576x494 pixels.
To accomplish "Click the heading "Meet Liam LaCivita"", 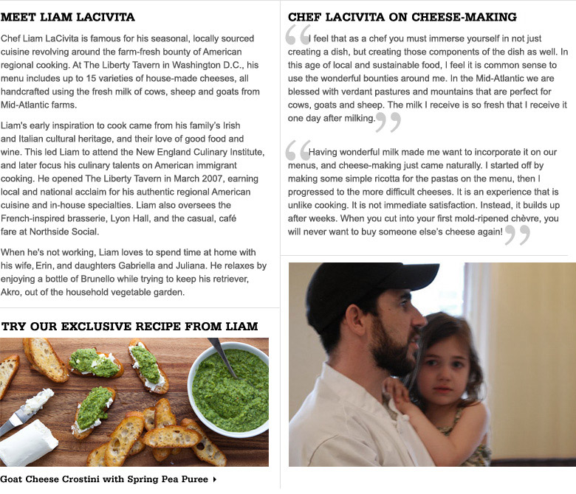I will pos(68,17).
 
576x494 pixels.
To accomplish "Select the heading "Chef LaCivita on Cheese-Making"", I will pos(402,17).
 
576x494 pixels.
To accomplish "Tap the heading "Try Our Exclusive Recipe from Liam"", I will pos(129,326).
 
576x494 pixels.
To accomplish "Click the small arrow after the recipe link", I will pos(214,480).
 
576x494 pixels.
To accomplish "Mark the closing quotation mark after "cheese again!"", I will pos(518,234).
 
